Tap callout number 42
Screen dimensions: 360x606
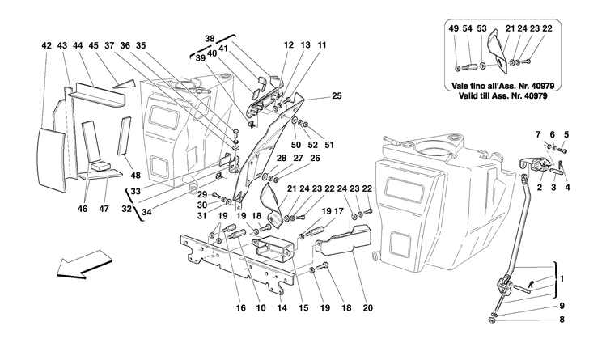click(x=46, y=46)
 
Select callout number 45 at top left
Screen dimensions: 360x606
click(x=94, y=46)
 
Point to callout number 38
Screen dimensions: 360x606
click(x=210, y=39)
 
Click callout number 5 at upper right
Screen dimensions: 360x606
click(x=566, y=134)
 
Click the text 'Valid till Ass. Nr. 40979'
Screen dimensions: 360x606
click(x=503, y=93)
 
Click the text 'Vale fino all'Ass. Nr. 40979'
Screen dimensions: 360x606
click(x=503, y=83)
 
